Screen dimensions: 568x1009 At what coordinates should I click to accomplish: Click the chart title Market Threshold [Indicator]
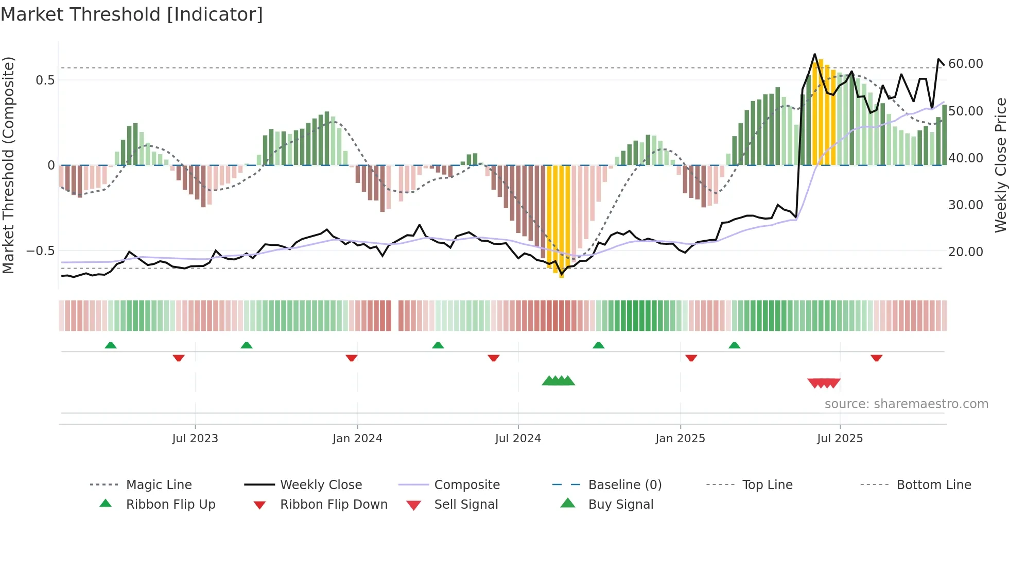click(132, 14)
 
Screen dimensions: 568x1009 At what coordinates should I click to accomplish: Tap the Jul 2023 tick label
click(195, 439)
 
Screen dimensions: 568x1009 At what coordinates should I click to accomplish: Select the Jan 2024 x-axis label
click(357, 439)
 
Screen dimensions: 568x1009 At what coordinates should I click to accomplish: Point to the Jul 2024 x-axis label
click(518, 439)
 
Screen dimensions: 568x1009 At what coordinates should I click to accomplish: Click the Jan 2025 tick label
click(680, 439)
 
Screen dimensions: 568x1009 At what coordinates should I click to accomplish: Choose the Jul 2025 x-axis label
click(840, 439)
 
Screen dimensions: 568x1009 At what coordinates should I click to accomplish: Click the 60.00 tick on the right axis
click(966, 64)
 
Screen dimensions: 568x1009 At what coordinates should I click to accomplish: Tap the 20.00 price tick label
click(966, 252)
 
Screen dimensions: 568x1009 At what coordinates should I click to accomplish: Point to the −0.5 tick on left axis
click(40, 251)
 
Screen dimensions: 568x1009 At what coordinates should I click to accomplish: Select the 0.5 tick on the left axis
click(45, 80)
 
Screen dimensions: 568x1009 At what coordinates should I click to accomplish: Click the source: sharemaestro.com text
click(906, 404)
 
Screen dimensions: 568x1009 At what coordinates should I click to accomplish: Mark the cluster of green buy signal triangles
click(558, 381)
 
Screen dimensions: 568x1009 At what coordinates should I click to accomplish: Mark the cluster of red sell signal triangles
click(824, 383)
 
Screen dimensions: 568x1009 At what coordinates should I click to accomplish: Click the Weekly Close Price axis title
click(1000, 165)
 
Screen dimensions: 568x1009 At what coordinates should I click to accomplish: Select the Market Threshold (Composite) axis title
click(8, 165)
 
